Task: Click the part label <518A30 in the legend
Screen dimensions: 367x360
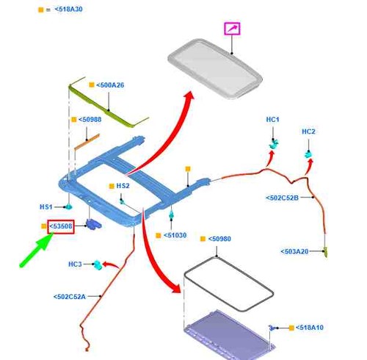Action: pyautogui.click(x=68, y=10)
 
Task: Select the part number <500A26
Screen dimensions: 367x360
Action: pyautogui.click(x=110, y=85)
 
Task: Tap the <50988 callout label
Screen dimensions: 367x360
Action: pyautogui.click(x=90, y=120)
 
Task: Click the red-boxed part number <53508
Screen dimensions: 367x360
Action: pyautogui.click(x=61, y=226)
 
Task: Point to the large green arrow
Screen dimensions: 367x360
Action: pyautogui.click(x=37, y=250)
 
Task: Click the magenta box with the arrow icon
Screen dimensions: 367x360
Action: pyautogui.click(x=232, y=29)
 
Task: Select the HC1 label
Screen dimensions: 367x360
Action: pyautogui.click(x=272, y=120)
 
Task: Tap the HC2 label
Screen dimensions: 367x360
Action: pyautogui.click(x=308, y=132)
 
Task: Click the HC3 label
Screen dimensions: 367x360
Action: pyautogui.click(x=75, y=264)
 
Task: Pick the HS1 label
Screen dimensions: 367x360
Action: pyautogui.click(x=46, y=207)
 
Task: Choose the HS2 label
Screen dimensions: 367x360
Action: pyautogui.click(x=123, y=186)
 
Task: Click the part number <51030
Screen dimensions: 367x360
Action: pyautogui.click(x=175, y=235)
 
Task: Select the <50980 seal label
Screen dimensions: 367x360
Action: pyautogui.click(x=219, y=239)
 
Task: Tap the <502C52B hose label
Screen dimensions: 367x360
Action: pyautogui.click(x=283, y=198)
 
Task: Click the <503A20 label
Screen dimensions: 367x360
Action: pyautogui.click(x=294, y=251)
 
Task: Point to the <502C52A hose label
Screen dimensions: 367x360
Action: pyautogui.click(x=70, y=297)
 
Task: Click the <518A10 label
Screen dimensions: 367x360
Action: pyautogui.click(x=310, y=328)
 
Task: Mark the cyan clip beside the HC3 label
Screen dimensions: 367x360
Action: pyautogui.click(x=98, y=264)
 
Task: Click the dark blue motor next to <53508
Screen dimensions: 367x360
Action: pyautogui.click(x=93, y=224)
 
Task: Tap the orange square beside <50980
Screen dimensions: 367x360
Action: pyautogui.click(x=203, y=239)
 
